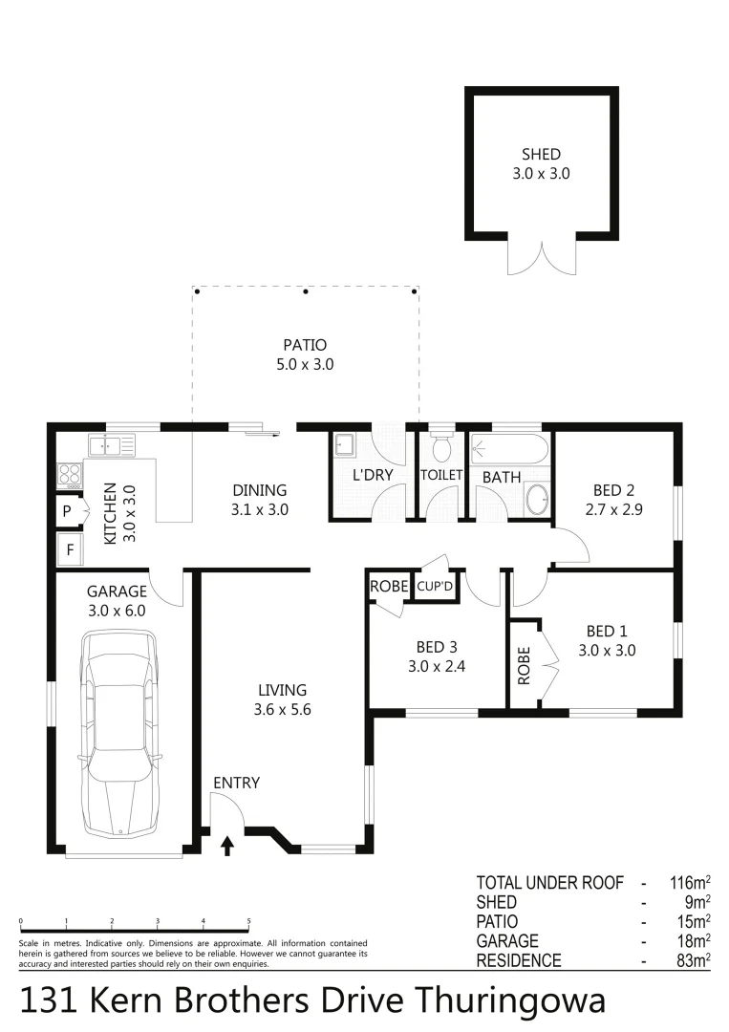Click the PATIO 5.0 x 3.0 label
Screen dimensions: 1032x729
(305, 354)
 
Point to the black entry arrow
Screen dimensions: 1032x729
(227, 845)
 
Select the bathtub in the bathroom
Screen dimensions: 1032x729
(509, 449)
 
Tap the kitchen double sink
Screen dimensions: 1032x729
(112, 444)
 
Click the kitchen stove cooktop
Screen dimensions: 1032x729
(70, 473)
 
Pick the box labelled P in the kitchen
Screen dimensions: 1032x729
(68, 511)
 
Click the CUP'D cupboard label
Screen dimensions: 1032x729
(435, 587)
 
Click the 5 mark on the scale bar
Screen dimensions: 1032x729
(249, 922)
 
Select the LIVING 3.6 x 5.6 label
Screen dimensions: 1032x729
(282, 699)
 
